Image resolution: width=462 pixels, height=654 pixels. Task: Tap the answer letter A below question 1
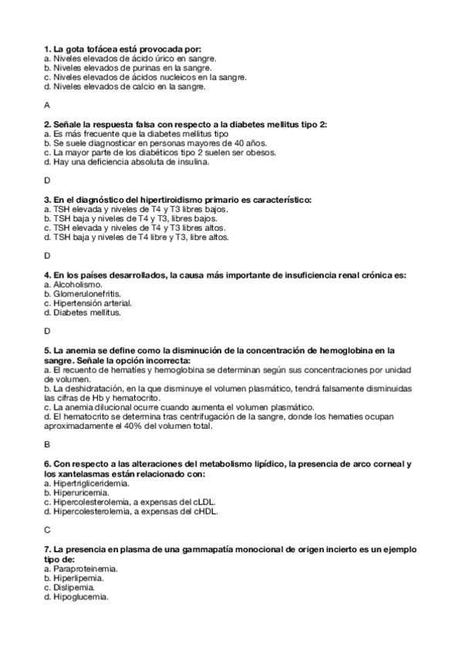pos(47,105)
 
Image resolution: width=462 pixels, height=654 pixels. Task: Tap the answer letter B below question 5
pos(47,444)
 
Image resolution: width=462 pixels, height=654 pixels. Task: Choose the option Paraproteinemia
pos(81,568)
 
